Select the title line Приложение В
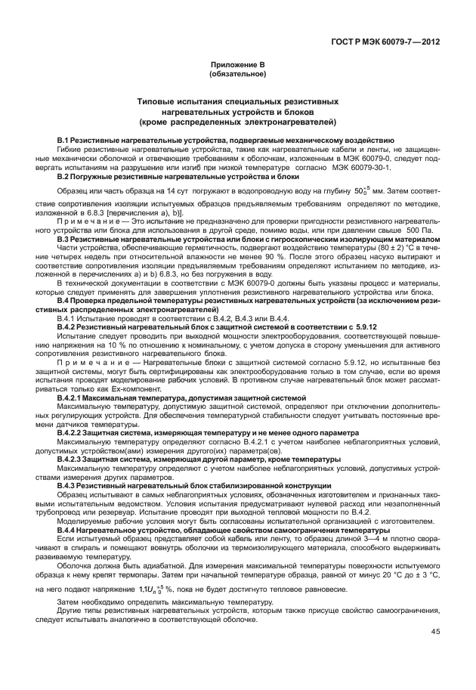pos(238,67)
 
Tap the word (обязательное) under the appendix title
pos(238,75)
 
